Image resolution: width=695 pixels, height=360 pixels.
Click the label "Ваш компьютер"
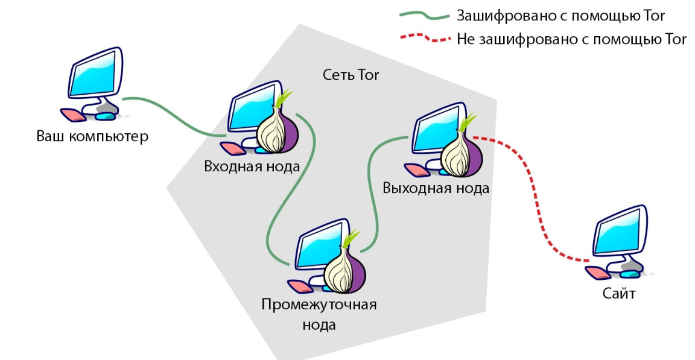(92, 136)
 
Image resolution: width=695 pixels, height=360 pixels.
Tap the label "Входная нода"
(252, 166)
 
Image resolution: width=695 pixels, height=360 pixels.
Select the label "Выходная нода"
(436, 188)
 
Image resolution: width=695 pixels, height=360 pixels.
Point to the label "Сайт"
(619, 294)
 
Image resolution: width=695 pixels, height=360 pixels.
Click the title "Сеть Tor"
(351, 75)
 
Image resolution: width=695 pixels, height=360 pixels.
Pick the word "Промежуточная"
(319, 304)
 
